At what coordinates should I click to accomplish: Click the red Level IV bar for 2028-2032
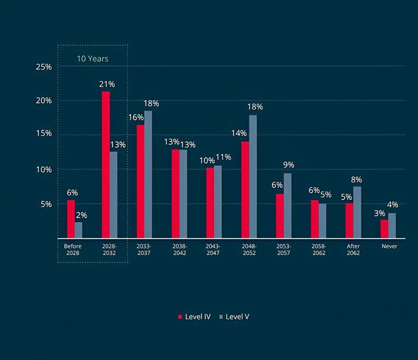[x=106, y=164]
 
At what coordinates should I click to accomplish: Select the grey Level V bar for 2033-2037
[x=148, y=174]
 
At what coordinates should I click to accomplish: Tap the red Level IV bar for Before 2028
[x=71, y=219]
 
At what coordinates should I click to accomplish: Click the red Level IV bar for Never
[x=384, y=228]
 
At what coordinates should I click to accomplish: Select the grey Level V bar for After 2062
[x=357, y=212]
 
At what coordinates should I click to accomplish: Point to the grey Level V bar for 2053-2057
[x=288, y=205]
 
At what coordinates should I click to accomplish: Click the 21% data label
[x=106, y=84]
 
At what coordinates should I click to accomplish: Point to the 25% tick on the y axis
[x=44, y=67]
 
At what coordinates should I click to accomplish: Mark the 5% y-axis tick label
[x=46, y=204]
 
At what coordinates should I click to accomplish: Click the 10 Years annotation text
[x=93, y=58]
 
